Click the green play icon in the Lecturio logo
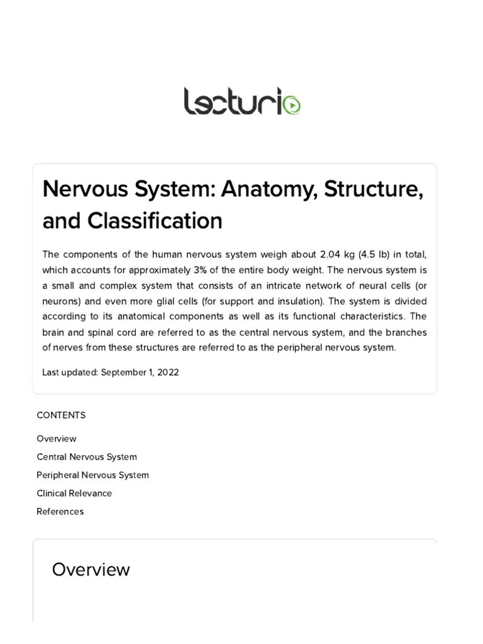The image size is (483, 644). point(292,106)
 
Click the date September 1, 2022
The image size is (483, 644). point(140,372)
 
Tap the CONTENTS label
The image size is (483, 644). point(61,415)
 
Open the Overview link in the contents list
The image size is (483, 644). point(57,438)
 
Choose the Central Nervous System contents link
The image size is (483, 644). point(87,457)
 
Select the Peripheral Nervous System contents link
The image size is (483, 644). point(92,475)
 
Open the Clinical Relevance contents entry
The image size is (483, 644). point(74,493)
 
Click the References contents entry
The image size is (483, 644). point(60,511)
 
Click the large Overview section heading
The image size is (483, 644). point(91,569)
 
